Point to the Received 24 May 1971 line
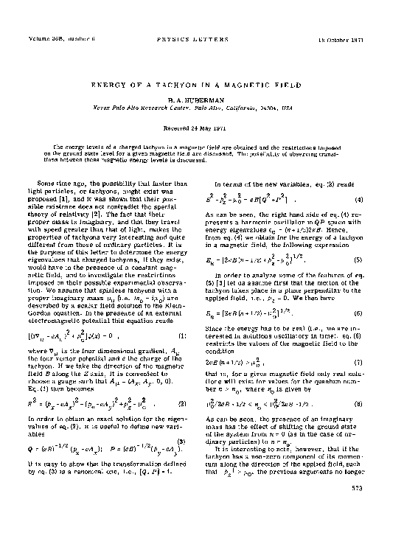(x=202, y=119)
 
